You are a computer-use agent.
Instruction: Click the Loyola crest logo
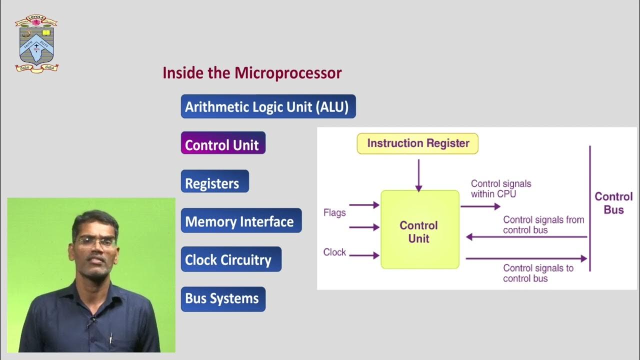[x=36, y=43]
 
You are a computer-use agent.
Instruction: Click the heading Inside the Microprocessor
[x=252, y=73]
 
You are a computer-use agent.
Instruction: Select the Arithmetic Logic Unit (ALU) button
[x=268, y=106]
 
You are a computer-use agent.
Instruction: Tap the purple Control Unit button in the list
[x=222, y=144]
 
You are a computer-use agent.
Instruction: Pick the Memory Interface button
[x=241, y=221]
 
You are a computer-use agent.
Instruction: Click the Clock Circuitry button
[x=230, y=259]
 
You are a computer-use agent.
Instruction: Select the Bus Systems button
[x=222, y=298]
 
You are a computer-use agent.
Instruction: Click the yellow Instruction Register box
[x=417, y=143]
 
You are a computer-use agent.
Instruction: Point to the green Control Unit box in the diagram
[x=419, y=230]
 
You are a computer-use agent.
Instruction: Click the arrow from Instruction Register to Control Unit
[x=418, y=175]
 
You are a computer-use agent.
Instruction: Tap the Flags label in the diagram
[x=334, y=212]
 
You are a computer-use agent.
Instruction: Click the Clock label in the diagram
[x=334, y=252]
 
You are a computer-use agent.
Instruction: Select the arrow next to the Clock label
[x=364, y=255]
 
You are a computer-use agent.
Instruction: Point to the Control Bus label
[x=613, y=203]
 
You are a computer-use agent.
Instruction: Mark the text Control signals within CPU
[x=500, y=188]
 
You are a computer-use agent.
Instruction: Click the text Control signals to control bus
[x=538, y=273]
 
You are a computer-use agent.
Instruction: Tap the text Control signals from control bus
[x=543, y=225]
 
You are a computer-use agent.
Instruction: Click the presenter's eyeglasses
[x=95, y=241]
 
